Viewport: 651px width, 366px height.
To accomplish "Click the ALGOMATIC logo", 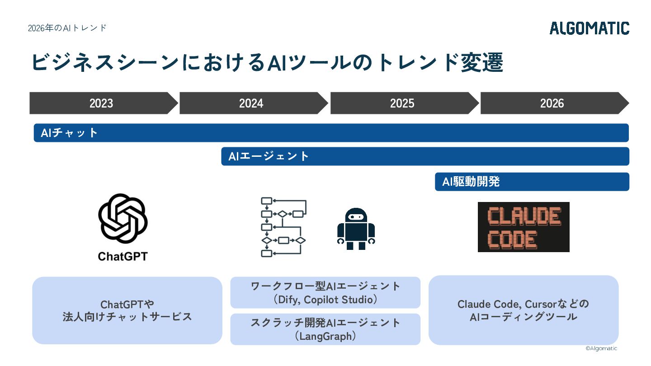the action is (x=590, y=28).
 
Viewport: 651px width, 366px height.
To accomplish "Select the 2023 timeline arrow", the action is (x=104, y=103).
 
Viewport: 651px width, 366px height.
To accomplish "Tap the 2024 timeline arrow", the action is (x=254, y=103).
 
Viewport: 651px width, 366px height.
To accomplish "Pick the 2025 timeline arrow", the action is (x=405, y=103).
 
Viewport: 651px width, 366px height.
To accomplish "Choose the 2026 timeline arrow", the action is (x=555, y=103).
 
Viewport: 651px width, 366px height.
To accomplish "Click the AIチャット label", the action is (x=69, y=133).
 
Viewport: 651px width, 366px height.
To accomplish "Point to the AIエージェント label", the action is (x=268, y=156).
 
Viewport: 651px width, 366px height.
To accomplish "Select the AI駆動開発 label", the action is (x=471, y=182).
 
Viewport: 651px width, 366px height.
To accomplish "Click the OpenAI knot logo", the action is (x=123, y=218).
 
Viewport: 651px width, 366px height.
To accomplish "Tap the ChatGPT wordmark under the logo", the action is (x=123, y=257).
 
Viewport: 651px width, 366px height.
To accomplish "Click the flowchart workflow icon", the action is (x=283, y=227).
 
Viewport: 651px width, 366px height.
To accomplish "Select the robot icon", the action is (x=356, y=229).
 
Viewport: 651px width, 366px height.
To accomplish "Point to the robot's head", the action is (x=356, y=215).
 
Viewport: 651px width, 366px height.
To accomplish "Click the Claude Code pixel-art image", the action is (x=524, y=227).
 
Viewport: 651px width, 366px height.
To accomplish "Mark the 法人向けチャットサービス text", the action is (x=127, y=317).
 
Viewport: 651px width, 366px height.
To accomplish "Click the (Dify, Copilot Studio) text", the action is (x=325, y=300).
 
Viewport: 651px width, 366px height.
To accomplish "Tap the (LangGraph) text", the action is (x=325, y=336).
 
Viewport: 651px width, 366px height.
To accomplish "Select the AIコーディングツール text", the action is (x=524, y=317).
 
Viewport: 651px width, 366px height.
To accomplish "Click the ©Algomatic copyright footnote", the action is (x=601, y=348).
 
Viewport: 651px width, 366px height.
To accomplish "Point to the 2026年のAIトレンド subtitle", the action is (x=67, y=28).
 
